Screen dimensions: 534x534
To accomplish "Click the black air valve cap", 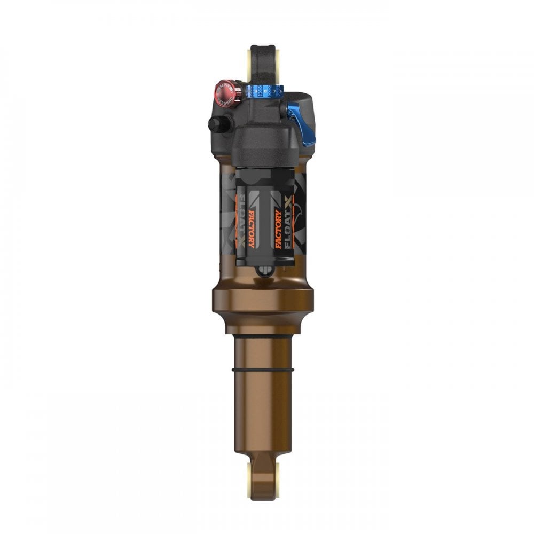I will coord(215,124).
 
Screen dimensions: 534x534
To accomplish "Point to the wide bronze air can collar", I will coord(262,299).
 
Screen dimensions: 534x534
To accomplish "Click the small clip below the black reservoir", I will coord(262,271).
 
